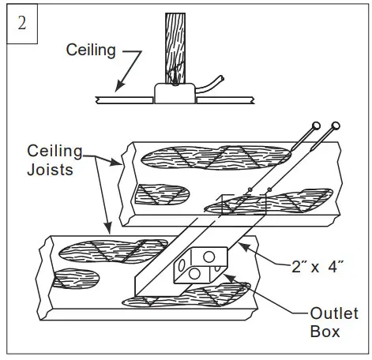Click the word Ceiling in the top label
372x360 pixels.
click(92, 51)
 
